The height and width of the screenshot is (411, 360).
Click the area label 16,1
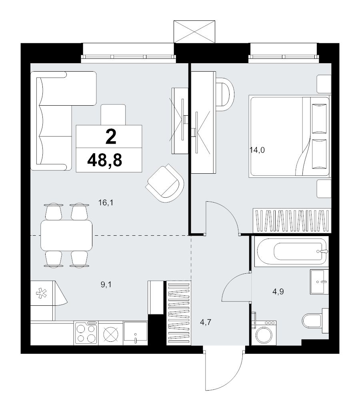106,202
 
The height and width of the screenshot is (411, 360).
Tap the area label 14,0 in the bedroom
257,150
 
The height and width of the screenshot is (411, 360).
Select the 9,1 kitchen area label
106,285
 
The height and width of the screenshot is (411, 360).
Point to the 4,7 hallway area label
206,322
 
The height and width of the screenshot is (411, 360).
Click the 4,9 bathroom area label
278,291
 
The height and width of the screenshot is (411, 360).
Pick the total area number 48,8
105,160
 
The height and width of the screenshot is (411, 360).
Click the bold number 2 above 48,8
111,137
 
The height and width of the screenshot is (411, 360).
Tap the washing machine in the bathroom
264,332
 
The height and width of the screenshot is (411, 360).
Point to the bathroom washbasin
319,281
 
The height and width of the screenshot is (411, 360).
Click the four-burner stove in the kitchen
86,333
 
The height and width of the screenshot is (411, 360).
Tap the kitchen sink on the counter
135,333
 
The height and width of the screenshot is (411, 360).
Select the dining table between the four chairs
66,235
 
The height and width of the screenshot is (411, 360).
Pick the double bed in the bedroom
290,136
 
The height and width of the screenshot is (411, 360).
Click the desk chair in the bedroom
225,94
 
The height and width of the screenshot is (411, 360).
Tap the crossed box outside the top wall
194,32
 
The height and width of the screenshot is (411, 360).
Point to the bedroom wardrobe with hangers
292,221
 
